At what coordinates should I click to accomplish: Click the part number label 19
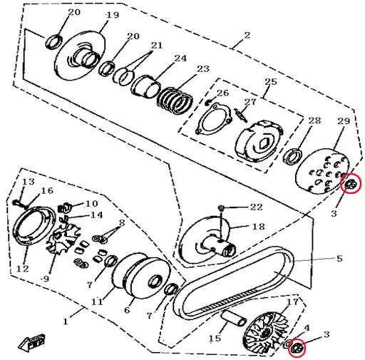(x=112, y=15)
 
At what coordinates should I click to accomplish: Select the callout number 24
(x=180, y=58)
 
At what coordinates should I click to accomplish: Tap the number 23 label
(x=203, y=69)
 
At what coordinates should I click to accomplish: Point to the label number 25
(x=270, y=82)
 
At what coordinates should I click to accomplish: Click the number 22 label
(x=256, y=207)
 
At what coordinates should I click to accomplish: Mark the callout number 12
(x=23, y=269)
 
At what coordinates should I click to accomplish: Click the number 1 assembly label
(x=65, y=322)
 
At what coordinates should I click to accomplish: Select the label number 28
(x=314, y=120)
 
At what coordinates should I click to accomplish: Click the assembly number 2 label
(x=247, y=35)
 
